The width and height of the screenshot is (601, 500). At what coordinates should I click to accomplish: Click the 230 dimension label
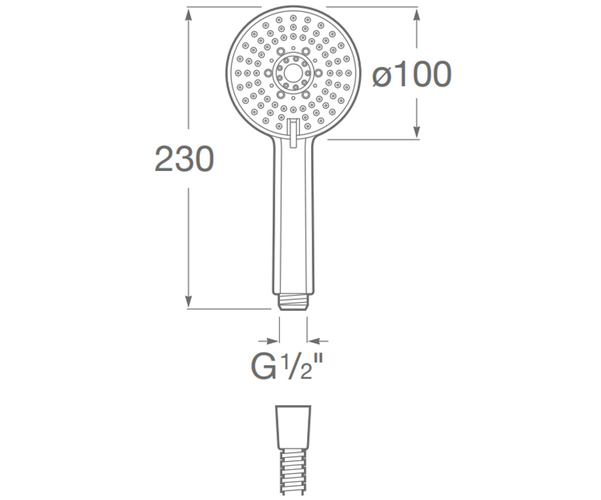(184, 159)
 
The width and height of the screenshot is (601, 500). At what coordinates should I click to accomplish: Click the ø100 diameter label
(412, 74)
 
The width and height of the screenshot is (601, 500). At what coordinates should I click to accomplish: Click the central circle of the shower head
(292, 73)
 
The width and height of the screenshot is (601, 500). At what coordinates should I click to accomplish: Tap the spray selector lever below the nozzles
(293, 133)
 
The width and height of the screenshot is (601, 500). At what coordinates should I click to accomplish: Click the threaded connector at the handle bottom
(293, 301)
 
